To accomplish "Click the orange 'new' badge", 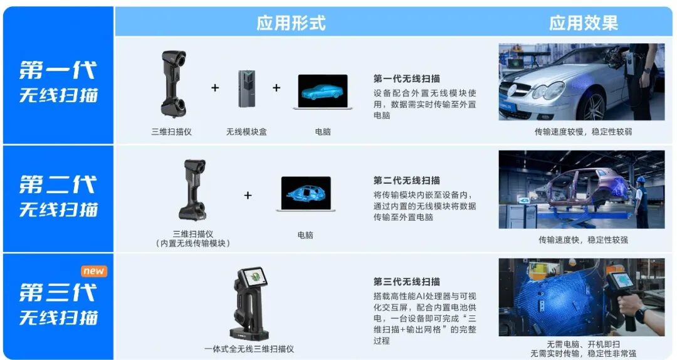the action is [93, 271].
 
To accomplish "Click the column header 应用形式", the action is [291, 23].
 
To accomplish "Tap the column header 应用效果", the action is [584, 23].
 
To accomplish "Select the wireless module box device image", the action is [246, 88].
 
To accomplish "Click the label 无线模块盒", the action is [246, 132].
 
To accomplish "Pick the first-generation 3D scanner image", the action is [173, 83].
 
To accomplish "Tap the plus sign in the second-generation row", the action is [248, 195].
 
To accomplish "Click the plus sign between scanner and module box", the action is [215, 88].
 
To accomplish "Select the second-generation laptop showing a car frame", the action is [306, 194].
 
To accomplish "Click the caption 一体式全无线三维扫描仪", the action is [249, 349].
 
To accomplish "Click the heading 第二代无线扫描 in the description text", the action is [407, 180].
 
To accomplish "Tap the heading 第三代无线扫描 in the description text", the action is [407, 282].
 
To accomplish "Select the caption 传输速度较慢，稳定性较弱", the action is [584, 132].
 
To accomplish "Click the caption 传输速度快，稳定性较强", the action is [584, 240].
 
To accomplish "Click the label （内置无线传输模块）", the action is [192, 244].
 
